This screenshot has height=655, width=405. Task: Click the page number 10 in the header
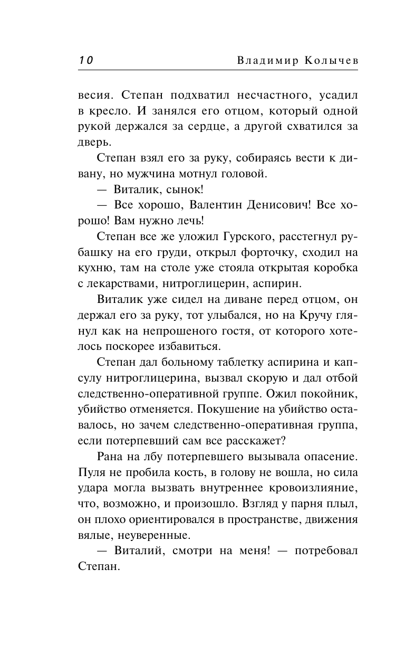(x=86, y=60)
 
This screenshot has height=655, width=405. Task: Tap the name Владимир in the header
(x=262, y=61)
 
